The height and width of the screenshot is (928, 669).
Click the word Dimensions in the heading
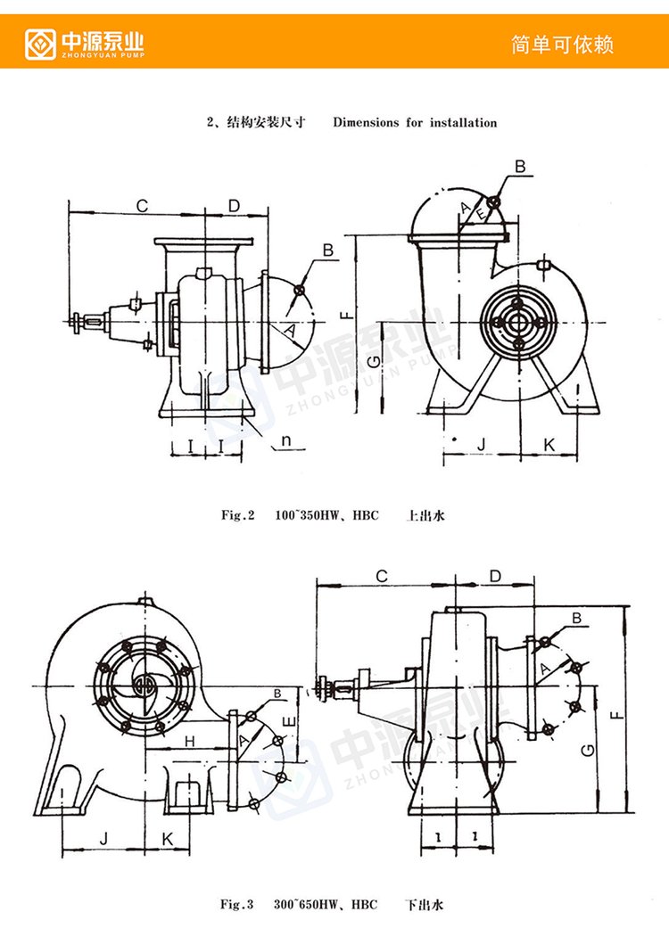click(366, 123)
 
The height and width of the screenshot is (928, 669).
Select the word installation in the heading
click(463, 123)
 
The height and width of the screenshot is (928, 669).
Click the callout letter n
click(287, 440)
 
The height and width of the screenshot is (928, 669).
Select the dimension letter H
click(190, 741)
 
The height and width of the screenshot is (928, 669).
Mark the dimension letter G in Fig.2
click(376, 360)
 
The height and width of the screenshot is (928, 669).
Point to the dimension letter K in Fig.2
click(549, 442)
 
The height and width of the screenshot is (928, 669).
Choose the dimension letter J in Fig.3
click(103, 838)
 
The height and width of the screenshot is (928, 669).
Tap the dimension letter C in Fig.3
click(382, 576)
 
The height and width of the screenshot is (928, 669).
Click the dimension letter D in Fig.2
click(234, 206)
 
